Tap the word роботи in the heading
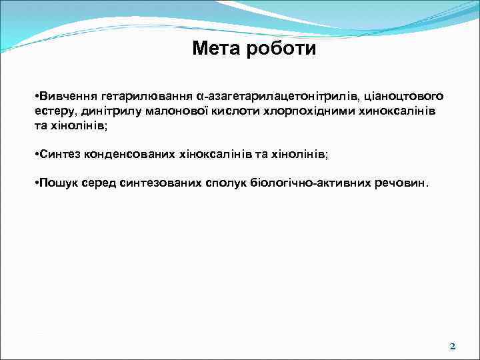tap(281, 49)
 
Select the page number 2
tap(453, 346)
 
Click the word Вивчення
tap(65, 97)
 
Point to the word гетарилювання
tap(139, 97)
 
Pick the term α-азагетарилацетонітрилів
tap(265, 97)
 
